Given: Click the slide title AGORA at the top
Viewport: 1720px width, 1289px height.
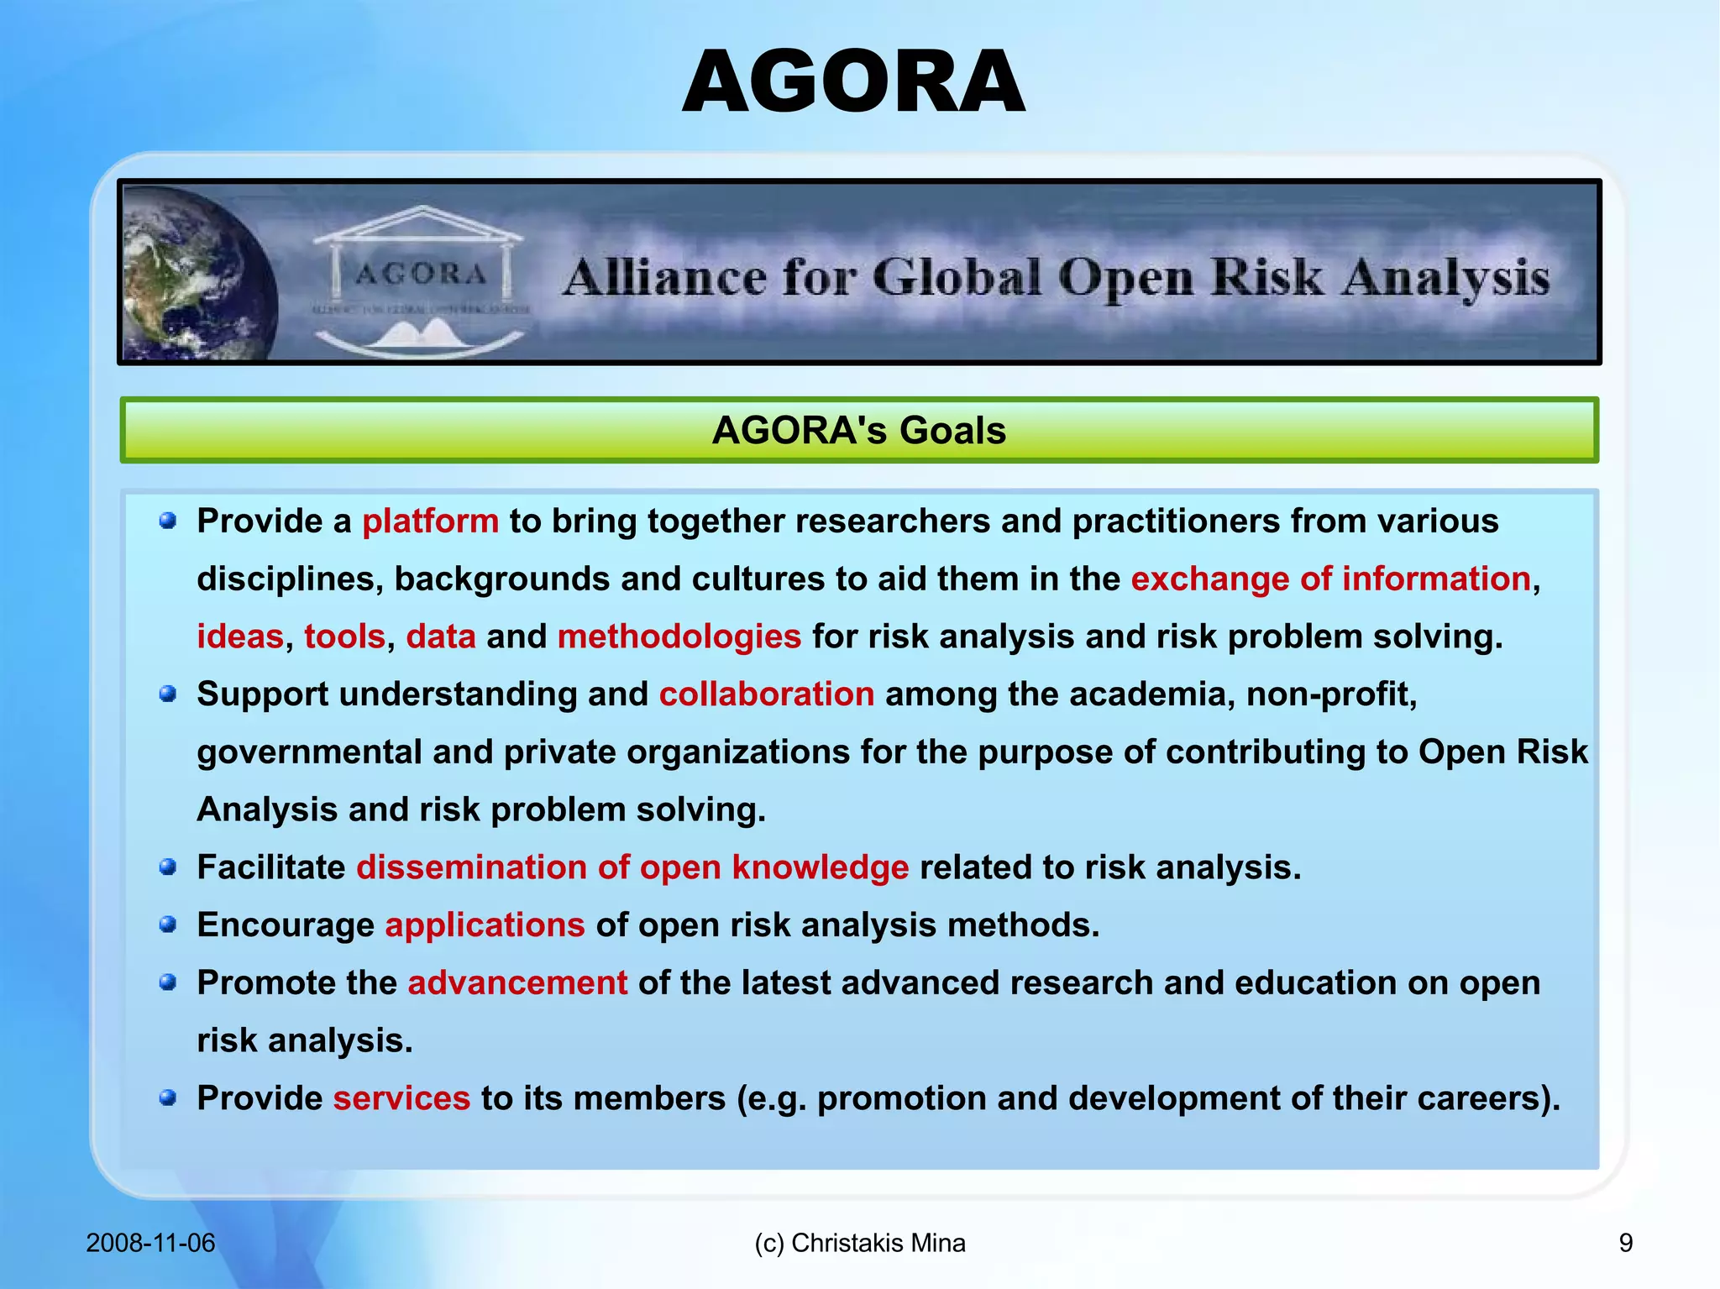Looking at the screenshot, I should (x=853, y=82).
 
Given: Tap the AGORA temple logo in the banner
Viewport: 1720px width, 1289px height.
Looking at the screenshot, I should (x=420, y=277).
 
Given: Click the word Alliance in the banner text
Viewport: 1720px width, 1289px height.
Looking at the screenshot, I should (x=664, y=278).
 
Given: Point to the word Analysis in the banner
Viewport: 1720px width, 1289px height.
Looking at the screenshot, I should (x=1445, y=278).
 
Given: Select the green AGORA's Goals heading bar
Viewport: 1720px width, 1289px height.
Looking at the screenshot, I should (x=858, y=430).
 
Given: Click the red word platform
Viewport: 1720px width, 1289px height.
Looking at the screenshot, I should (x=430, y=521).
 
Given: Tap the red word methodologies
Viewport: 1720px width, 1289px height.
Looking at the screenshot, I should (x=679, y=637).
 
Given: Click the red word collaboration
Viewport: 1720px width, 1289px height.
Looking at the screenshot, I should (x=766, y=694).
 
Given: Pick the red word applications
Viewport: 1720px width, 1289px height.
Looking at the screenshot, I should (x=485, y=925).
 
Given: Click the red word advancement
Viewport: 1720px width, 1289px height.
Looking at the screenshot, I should (x=517, y=982).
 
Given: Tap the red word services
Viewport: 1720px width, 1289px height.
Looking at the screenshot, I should (x=401, y=1098).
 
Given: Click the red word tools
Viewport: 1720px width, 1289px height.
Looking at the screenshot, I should (x=344, y=637).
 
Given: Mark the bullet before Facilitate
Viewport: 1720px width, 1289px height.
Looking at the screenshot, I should (x=168, y=867).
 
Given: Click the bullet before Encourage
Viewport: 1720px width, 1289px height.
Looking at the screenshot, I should (x=168, y=925).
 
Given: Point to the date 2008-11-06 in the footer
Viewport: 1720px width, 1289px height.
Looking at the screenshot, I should (x=150, y=1243).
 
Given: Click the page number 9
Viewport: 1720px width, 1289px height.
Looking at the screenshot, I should (x=1625, y=1243).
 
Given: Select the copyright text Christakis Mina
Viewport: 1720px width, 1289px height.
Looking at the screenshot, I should (x=878, y=1243).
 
